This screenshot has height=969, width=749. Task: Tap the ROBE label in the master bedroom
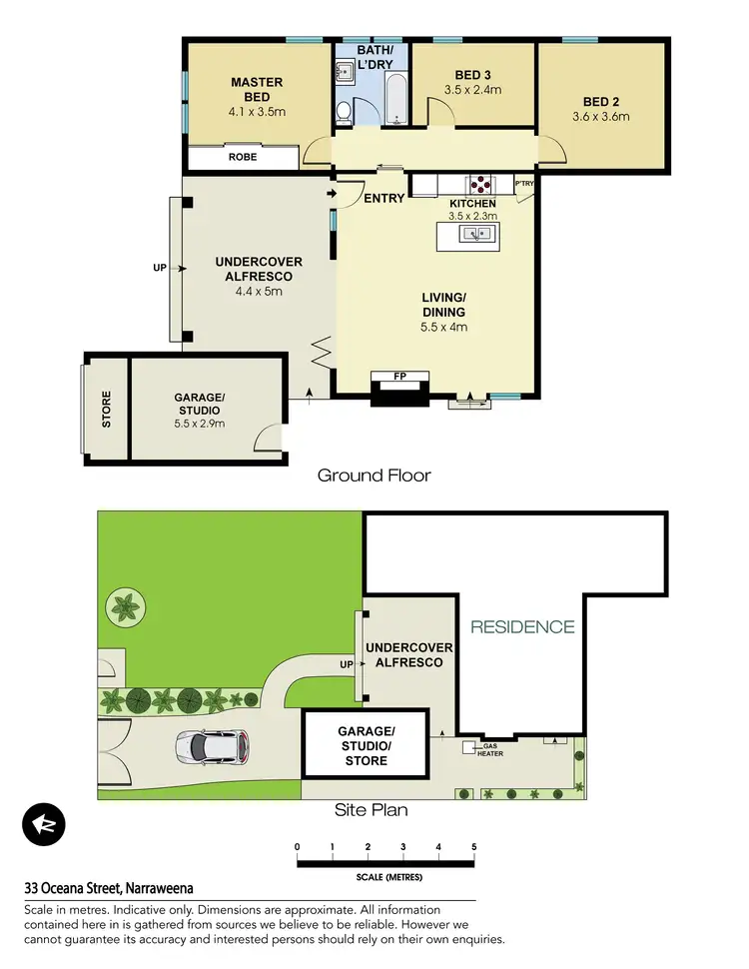[x=242, y=158]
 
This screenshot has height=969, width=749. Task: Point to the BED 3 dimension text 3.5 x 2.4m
[x=472, y=90]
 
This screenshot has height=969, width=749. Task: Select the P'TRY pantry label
[x=524, y=185]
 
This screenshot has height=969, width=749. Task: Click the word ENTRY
[x=384, y=198]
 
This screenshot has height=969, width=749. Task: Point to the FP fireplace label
[x=399, y=378]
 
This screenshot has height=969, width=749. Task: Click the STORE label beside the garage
[x=106, y=410]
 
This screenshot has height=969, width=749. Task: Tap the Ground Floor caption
[x=374, y=475]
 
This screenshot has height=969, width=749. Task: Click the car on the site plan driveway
[x=211, y=745]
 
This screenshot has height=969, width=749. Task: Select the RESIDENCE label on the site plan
[x=522, y=627]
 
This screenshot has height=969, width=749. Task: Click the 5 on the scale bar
[x=473, y=847]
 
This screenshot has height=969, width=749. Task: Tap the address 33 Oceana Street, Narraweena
[x=109, y=887]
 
